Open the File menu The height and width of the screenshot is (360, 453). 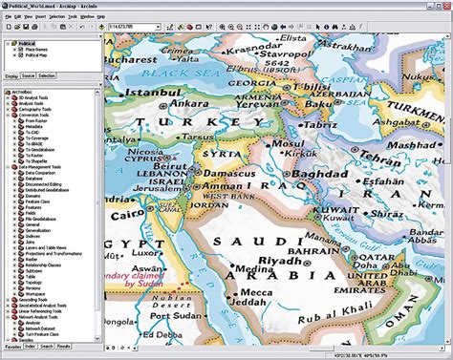[7, 17]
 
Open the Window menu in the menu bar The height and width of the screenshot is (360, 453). [87, 17]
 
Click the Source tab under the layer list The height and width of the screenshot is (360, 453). [28, 74]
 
